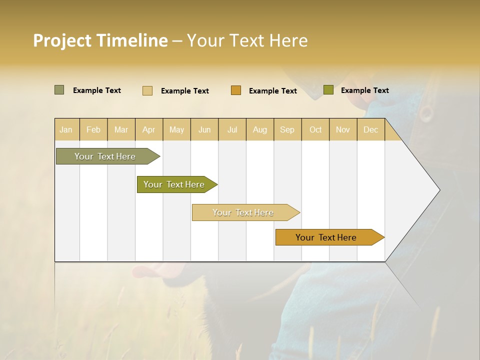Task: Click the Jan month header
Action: click(66, 129)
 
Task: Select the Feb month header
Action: click(93, 129)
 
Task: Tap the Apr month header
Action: click(149, 129)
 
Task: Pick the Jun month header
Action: click(204, 129)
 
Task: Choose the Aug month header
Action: click(260, 129)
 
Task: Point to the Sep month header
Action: click(287, 129)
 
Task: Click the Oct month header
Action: click(315, 129)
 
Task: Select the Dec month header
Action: click(371, 129)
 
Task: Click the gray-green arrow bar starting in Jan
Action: click(105, 156)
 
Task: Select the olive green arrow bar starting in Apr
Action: click(174, 184)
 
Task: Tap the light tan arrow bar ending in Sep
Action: click(243, 212)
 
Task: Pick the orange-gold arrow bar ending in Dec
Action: click(326, 237)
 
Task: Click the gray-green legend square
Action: click(59, 90)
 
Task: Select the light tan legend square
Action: click(147, 90)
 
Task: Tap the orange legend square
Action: click(236, 90)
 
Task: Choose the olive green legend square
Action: click(328, 90)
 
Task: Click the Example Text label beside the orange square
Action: click(273, 90)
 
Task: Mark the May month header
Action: click(176, 129)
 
